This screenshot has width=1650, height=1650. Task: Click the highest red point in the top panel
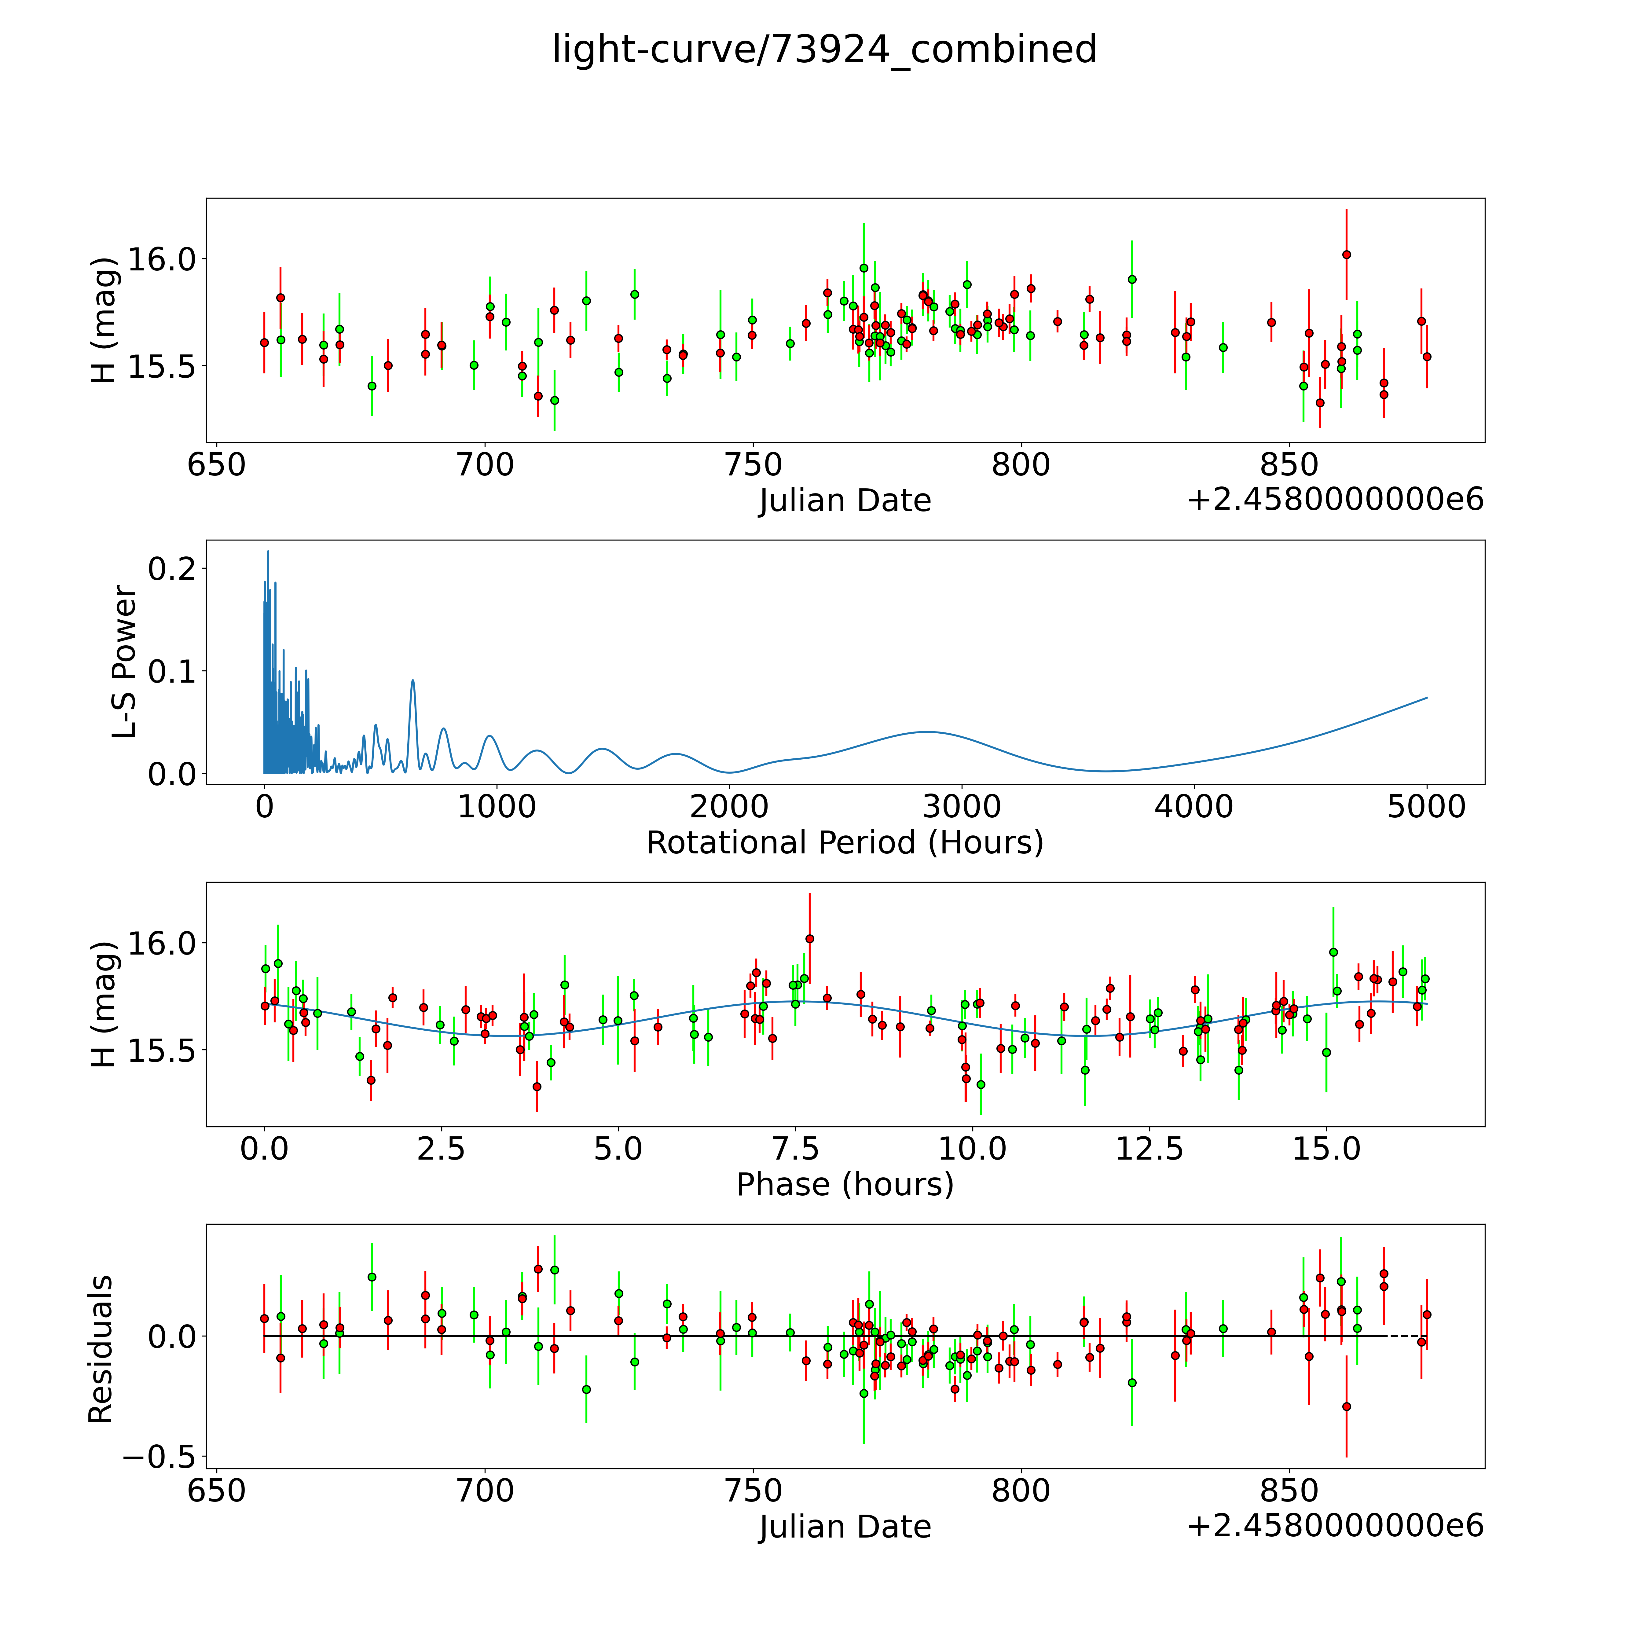(x=1346, y=255)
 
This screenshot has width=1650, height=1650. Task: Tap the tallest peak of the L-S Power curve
(x=268, y=552)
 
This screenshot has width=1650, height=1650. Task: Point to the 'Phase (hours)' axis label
(x=845, y=1185)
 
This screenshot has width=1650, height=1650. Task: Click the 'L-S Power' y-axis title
(x=125, y=662)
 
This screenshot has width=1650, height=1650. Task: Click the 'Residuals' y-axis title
(x=101, y=1349)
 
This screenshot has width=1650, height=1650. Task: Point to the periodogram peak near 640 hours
(x=413, y=681)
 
